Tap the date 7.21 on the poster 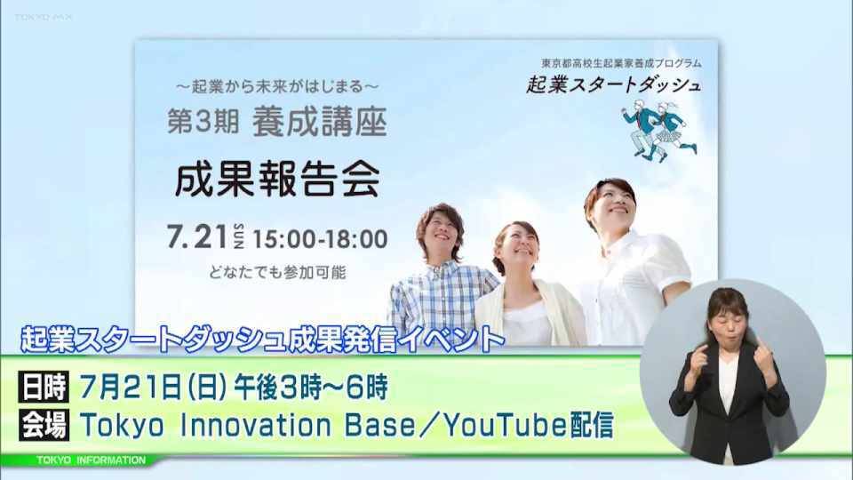pos(197,237)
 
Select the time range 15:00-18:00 pos(321,239)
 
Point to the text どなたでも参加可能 pos(277,272)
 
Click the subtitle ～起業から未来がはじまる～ pos(277,86)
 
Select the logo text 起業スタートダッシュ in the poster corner pos(613,85)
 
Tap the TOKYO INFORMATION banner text pos(91,460)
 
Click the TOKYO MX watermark pos(43,18)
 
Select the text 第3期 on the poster pos(203,122)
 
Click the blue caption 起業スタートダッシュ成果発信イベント pos(263,340)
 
